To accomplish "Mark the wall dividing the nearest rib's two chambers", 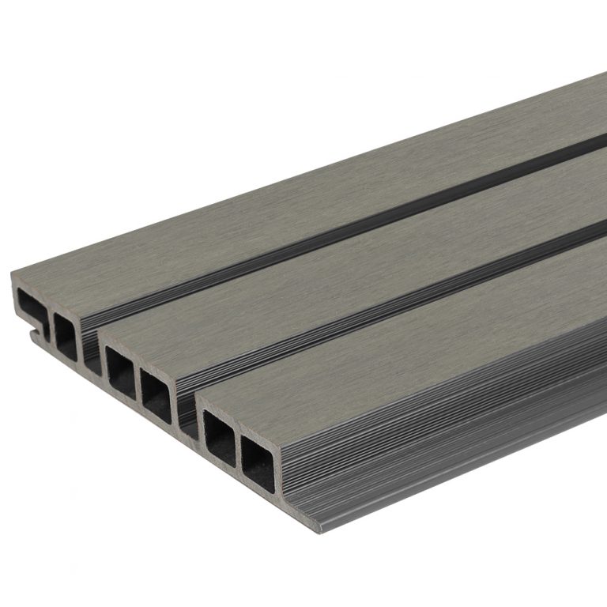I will pyautogui.click(x=239, y=449).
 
